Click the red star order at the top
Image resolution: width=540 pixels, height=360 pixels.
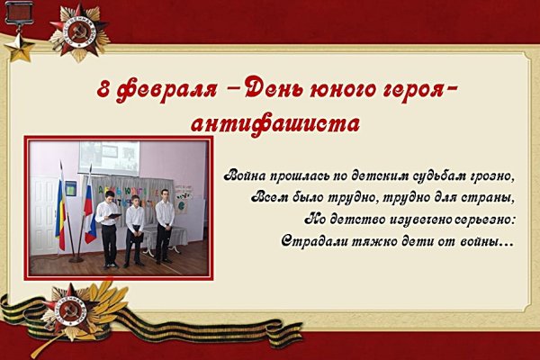[x=79, y=31]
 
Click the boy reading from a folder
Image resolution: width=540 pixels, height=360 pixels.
[x=108, y=229]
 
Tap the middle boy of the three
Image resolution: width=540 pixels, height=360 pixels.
[x=134, y=229]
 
